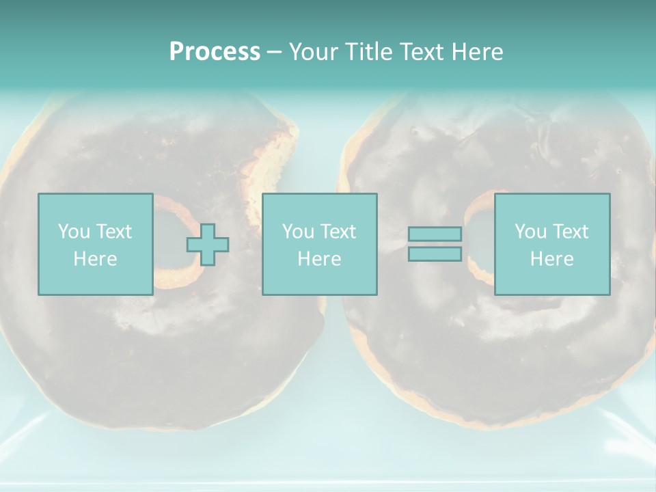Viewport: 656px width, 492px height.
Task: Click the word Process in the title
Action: (215, 52)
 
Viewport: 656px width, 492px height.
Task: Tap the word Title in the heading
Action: (368, 52)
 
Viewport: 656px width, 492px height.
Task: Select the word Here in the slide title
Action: (477, 52)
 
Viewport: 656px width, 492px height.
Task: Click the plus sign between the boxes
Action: (208, 245)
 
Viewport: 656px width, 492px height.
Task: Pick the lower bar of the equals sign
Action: (435, 254)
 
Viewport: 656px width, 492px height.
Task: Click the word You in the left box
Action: (74, 232)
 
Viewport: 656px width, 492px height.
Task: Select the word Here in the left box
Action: (95, 259)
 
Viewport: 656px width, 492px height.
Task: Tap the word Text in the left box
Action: (113, 232)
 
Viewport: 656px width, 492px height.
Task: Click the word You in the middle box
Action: (298, 232)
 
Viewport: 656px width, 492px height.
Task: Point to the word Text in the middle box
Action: (338, 232)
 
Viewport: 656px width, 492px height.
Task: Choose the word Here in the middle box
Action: (319, 259)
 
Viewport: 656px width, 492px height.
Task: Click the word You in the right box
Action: (530, 232)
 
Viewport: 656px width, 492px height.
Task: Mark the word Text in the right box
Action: (570, 232)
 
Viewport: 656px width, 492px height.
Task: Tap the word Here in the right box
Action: (551, 259)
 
